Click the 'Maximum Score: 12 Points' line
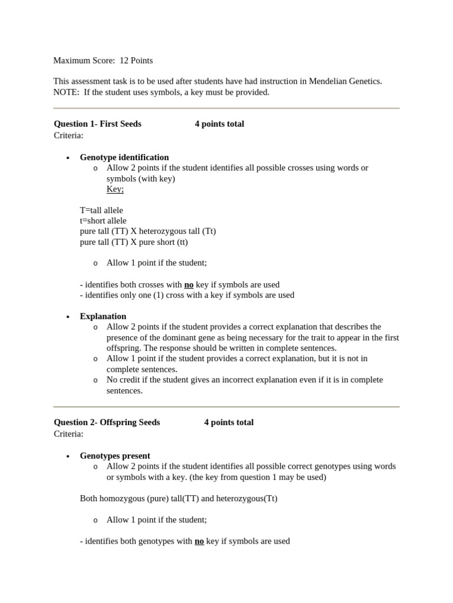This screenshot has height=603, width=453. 103,60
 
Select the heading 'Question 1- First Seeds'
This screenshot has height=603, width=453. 97,124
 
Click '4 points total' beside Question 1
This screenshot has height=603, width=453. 219,124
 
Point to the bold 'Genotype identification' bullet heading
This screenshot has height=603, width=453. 124,157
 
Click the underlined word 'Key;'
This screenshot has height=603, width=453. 115,189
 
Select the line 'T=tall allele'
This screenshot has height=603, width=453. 101,210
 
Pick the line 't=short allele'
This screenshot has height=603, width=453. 103,221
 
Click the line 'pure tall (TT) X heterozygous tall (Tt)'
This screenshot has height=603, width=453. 148,231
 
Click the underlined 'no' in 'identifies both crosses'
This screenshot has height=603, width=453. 189,284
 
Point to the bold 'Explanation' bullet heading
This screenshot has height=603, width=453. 103,316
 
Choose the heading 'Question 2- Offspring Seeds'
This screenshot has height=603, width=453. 107,422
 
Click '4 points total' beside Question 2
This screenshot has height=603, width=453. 229,422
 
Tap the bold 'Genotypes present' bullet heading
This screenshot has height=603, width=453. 115,456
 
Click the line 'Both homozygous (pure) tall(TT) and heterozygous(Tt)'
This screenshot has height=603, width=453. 179,498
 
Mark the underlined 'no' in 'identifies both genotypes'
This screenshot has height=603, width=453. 199,541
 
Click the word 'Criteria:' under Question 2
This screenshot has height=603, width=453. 68,433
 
